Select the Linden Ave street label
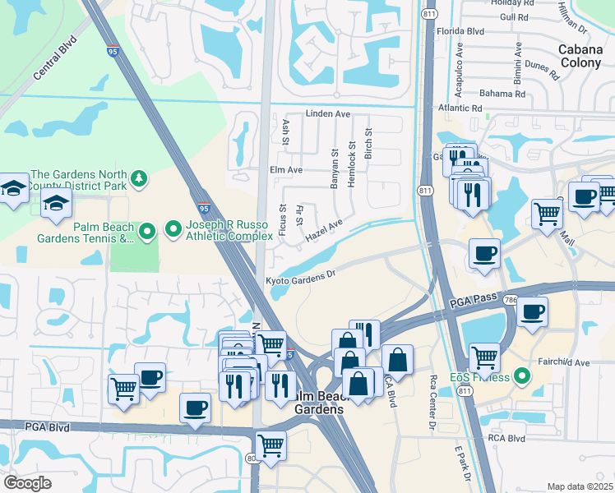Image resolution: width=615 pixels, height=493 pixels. click(x=328, y=113)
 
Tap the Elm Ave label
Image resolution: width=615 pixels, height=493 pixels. click(x=286, y=170)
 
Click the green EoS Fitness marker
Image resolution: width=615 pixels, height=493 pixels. click(x=519, y=378)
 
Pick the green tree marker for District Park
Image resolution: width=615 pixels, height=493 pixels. click(x=141, y=177)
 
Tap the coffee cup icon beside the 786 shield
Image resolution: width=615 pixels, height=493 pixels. click(x=532, y=312)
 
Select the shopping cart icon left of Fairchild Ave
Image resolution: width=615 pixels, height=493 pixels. click(x=485, y=357)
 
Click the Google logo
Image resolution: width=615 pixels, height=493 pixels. click(x=28, y=483)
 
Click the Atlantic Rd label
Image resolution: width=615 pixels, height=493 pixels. click(x=460, y=107)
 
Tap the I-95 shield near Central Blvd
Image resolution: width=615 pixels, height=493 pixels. click(x=112, y=51)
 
